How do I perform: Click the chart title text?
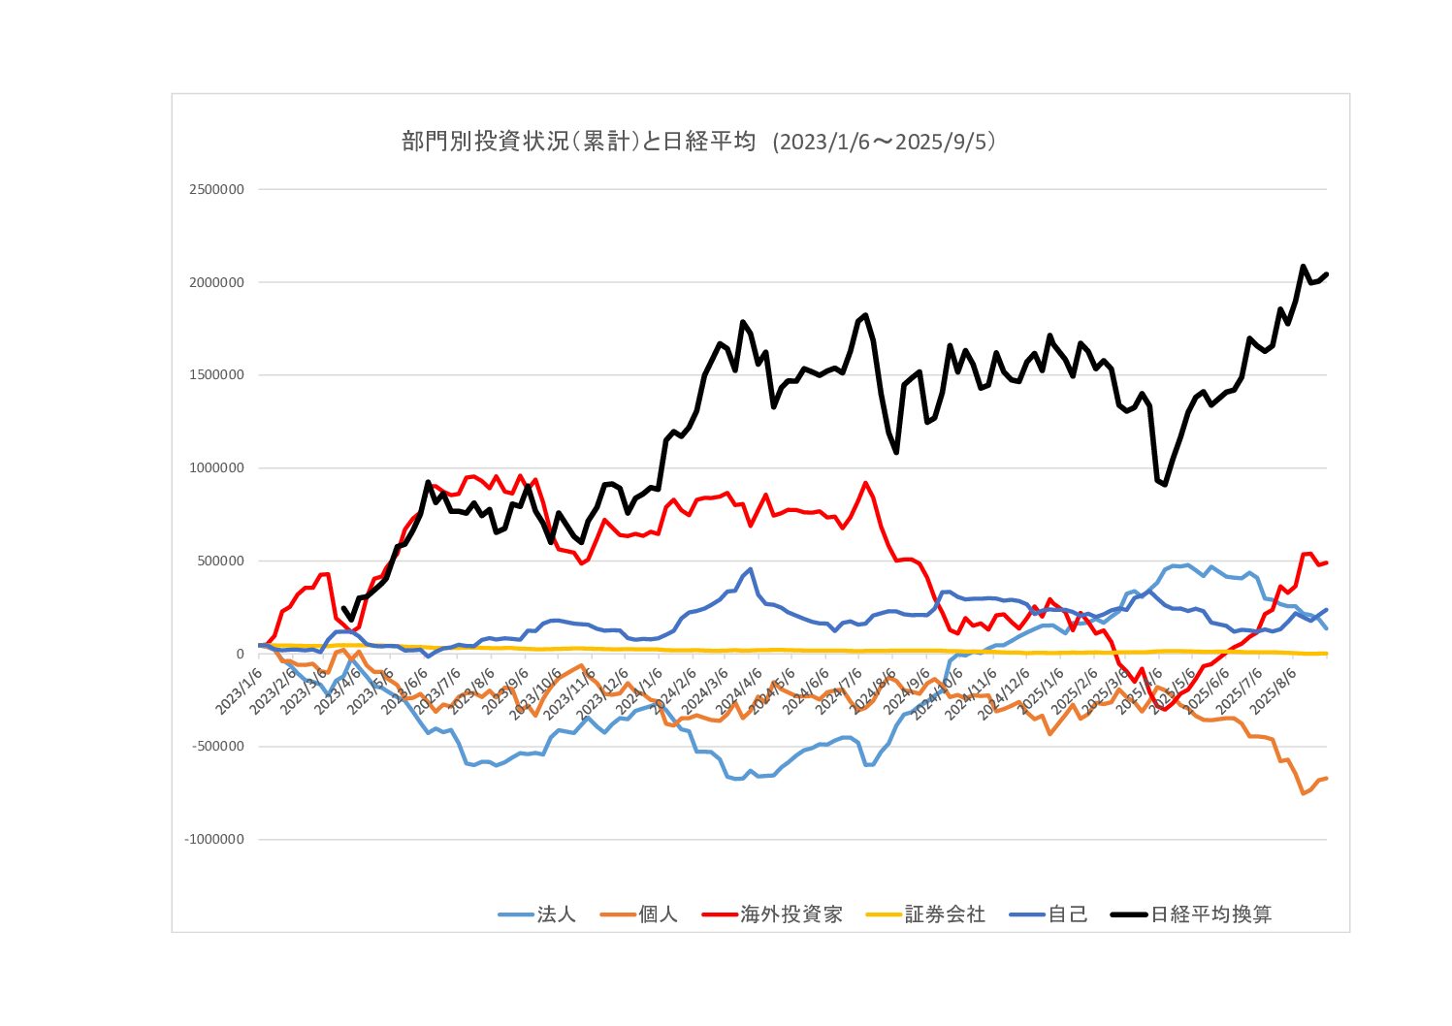[x=698, y=142]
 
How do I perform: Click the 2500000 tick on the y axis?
[x=216, y=189]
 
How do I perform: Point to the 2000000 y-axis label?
[x=216, y=282]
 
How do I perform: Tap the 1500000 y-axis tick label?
[x=216, y=375]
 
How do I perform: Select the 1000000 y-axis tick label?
[x=216, y=468]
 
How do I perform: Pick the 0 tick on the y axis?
[x=240, y=654]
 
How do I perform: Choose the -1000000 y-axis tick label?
[x=214, y=840]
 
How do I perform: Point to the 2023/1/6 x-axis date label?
[x=239, y=689]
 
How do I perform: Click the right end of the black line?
[x=1326, y=274]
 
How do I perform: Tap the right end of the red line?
[x=1326, y=562]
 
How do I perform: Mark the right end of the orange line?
[x=1326, y=778]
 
